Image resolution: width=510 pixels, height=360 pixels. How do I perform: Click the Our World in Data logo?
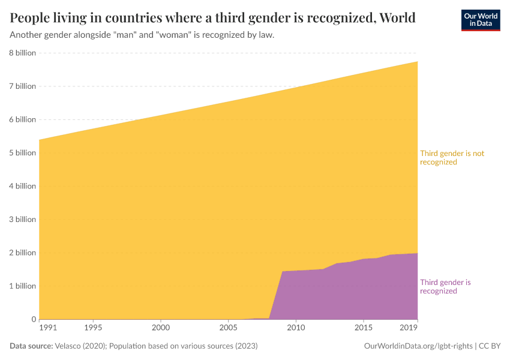tap(480, 20)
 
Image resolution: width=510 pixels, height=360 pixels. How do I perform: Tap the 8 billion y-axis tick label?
tap(22, 53)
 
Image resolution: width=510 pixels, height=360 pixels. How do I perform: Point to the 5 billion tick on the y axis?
tap(22, 152)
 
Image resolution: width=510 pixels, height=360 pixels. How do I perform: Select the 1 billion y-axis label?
tap(22, 286)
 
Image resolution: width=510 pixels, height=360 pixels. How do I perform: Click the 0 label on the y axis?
tap(33, 319)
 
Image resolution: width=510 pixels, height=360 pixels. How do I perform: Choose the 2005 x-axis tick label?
tap(227, 328)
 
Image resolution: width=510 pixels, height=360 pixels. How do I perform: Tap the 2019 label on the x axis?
tap(409, 328)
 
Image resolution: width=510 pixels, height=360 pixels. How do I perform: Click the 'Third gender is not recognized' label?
tap(451, 157)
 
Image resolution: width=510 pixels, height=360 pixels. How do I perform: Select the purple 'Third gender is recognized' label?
tap(445, 286)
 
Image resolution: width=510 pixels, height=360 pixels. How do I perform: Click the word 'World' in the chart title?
tap(395, 17)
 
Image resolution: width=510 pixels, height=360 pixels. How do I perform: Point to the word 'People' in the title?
tap(30, 17)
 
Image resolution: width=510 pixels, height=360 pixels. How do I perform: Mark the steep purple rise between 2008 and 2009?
tap(275, 294)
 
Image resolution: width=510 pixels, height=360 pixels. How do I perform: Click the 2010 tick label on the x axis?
tap(295, 328)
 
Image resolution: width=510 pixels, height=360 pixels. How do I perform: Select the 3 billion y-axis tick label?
tap(22, 219)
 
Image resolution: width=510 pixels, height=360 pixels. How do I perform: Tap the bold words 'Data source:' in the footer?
tap(31, 346)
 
